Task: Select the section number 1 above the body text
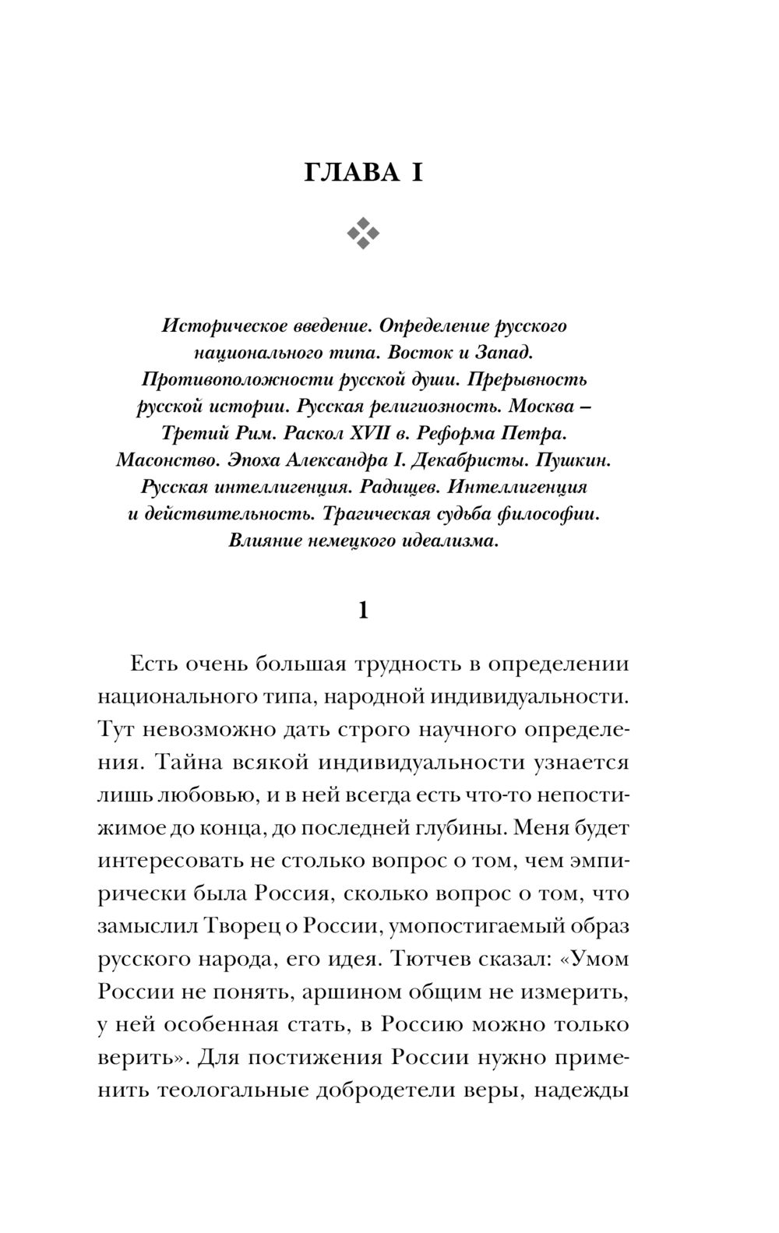(362, 610)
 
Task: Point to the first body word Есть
(153, 664)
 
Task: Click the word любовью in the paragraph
(191, 794)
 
